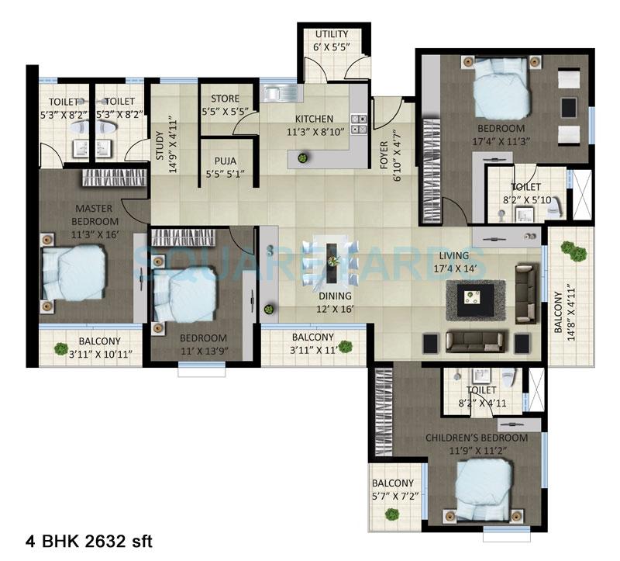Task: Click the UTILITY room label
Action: [x=331, y=34]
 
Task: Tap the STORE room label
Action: [x=219, y=99]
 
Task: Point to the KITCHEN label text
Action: [x=292, y=119]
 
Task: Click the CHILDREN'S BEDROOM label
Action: [x=477, y=438]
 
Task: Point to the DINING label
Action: [x=334, y=296]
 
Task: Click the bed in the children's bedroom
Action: [x=483, y=490]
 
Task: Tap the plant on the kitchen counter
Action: [x=302, y=158]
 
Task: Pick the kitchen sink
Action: [x=274, y=95]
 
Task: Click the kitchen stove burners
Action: [x=359, y=123]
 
